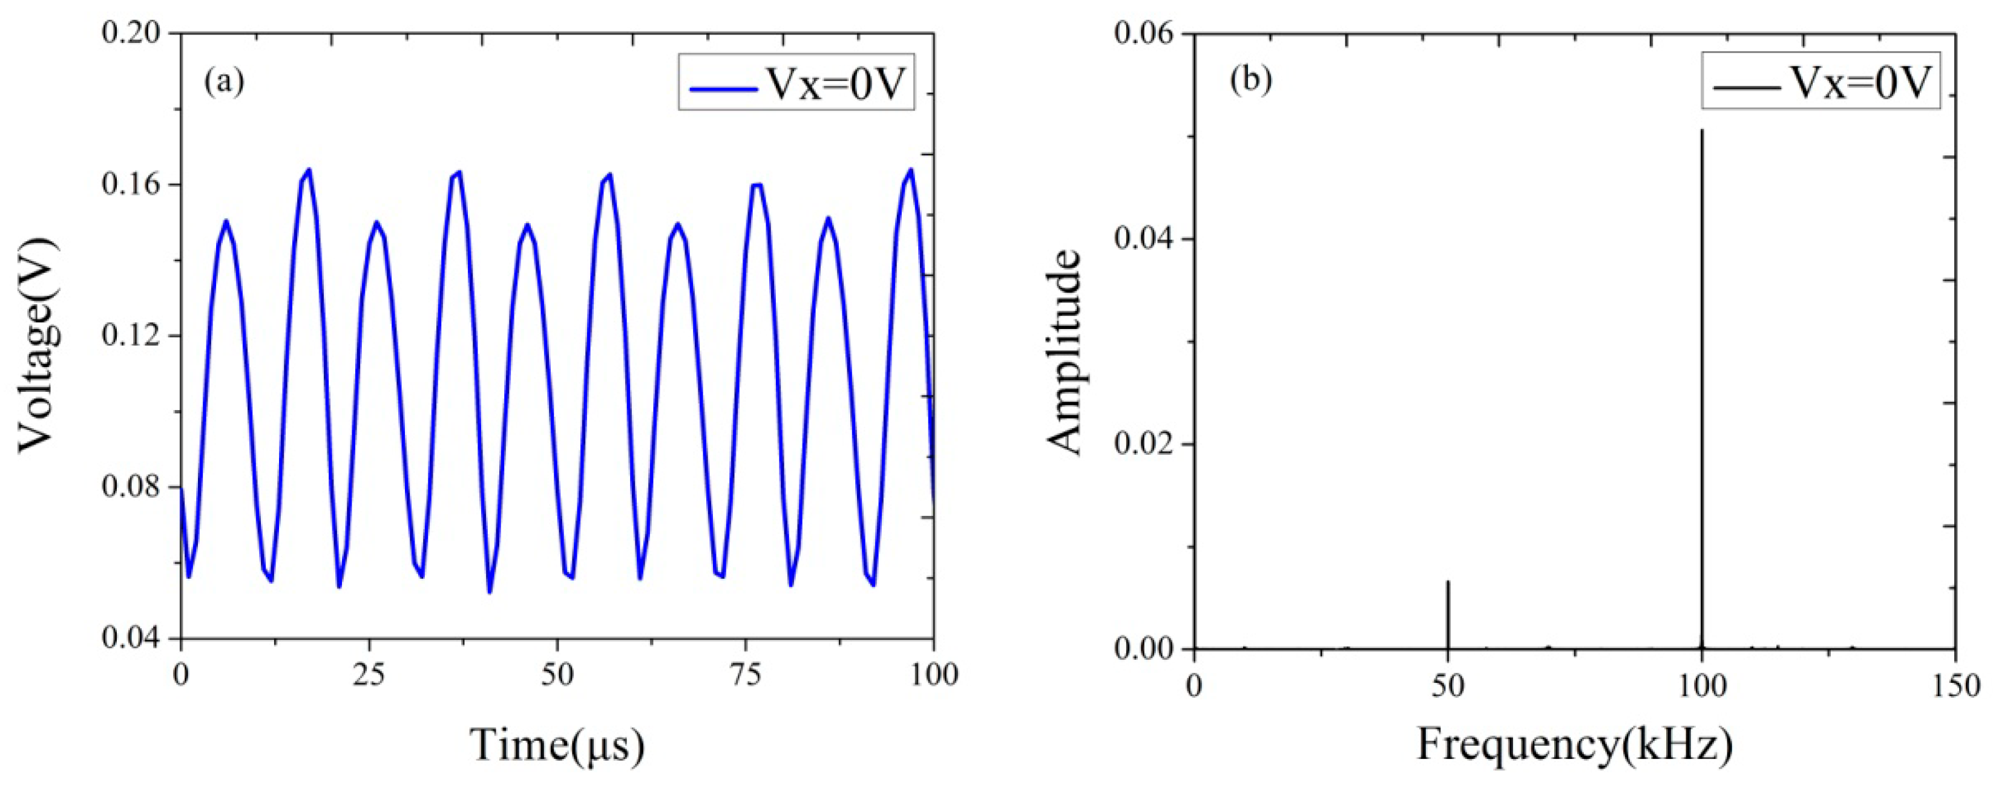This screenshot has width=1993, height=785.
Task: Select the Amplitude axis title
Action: point(1065,352)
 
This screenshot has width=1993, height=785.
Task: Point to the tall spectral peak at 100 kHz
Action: point(1701,386)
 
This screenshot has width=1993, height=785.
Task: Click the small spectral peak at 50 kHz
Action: point(1448,615)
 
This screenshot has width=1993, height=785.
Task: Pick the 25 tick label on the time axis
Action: point(369,674)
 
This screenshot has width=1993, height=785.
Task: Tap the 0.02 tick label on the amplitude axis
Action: point(1148,444)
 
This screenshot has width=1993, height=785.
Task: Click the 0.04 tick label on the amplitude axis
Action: point(1148,239)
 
